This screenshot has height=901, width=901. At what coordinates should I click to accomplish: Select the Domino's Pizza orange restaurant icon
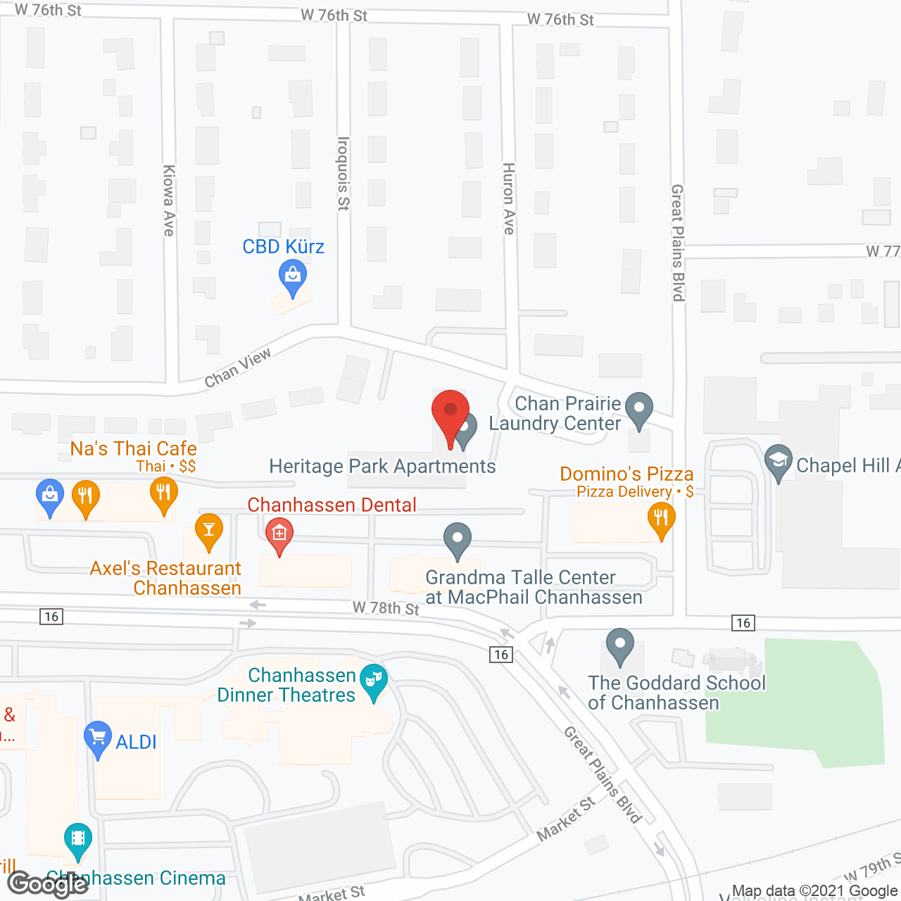pyautogui.click(x=660, y=519)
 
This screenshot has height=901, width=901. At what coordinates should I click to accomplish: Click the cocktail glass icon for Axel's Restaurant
pyautogui.click(x=208, y=530)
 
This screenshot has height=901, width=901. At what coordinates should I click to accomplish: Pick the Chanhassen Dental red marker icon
pyautogui.click(x=279, y=535)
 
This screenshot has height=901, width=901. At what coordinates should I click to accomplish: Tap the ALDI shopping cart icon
pyautogui.click(x=97, y=738)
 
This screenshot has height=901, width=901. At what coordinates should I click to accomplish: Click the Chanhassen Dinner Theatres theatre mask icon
pyautogui.click(x=373, y=681)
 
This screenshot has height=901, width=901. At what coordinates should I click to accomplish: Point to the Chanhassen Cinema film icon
pyautogui.click(x=77, y=840)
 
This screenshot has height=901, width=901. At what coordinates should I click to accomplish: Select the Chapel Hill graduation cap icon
pyautogui.click(x=778, y=462)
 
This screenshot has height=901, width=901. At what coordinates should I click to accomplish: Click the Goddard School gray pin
pyautogui.click(x=619, y=645)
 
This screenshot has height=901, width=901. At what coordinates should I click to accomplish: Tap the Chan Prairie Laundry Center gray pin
pyautogui.click(x=638, y=409)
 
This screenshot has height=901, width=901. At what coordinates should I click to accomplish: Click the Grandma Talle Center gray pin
pyautogui.click(x=458, y=540)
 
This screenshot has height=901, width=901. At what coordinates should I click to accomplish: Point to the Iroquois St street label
pyautogui.click(x=344, y=173)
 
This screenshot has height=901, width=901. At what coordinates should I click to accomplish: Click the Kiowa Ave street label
pyautogui.click(x=169, y=201)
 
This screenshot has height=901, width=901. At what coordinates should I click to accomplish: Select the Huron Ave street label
pyautogui.click(x=508, y=199)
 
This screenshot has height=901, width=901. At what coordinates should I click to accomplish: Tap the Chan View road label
pyautogui.click(x=237, y=368)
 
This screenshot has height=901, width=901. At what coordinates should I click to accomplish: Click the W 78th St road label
pyautogui.click(x=386, y=608)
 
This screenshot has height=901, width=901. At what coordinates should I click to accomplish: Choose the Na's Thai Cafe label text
pyautogui.click(x=133, y=448)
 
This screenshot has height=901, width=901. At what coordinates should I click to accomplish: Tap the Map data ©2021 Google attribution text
pyautogui.click(x=816, y=891)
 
